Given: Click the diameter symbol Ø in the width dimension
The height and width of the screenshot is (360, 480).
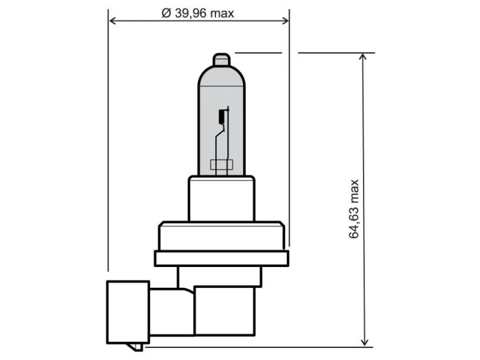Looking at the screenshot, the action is click(166, 13).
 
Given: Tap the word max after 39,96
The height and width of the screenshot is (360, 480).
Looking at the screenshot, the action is click(222, 14).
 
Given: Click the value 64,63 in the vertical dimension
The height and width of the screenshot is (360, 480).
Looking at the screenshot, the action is click(354, 223).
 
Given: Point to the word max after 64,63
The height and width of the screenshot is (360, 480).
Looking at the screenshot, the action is click(354, 191).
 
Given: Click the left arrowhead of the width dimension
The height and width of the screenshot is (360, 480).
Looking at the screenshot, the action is click(112, 21).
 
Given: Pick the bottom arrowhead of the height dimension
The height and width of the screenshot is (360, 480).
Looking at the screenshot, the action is click(364, 342).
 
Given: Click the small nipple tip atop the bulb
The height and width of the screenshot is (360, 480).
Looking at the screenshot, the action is click(221, 59).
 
